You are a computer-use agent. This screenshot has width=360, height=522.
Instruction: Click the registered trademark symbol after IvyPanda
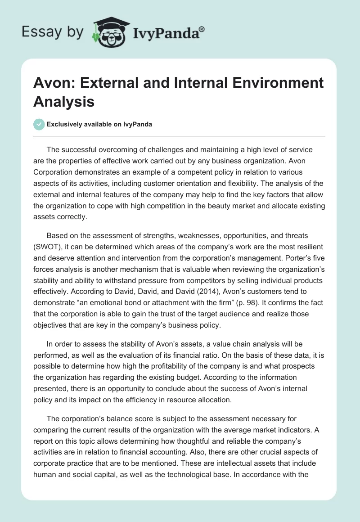tap(202, 29)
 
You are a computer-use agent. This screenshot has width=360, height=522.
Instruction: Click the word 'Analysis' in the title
tap(63, 101)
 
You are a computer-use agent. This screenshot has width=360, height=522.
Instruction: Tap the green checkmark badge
tap(39, 124)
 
